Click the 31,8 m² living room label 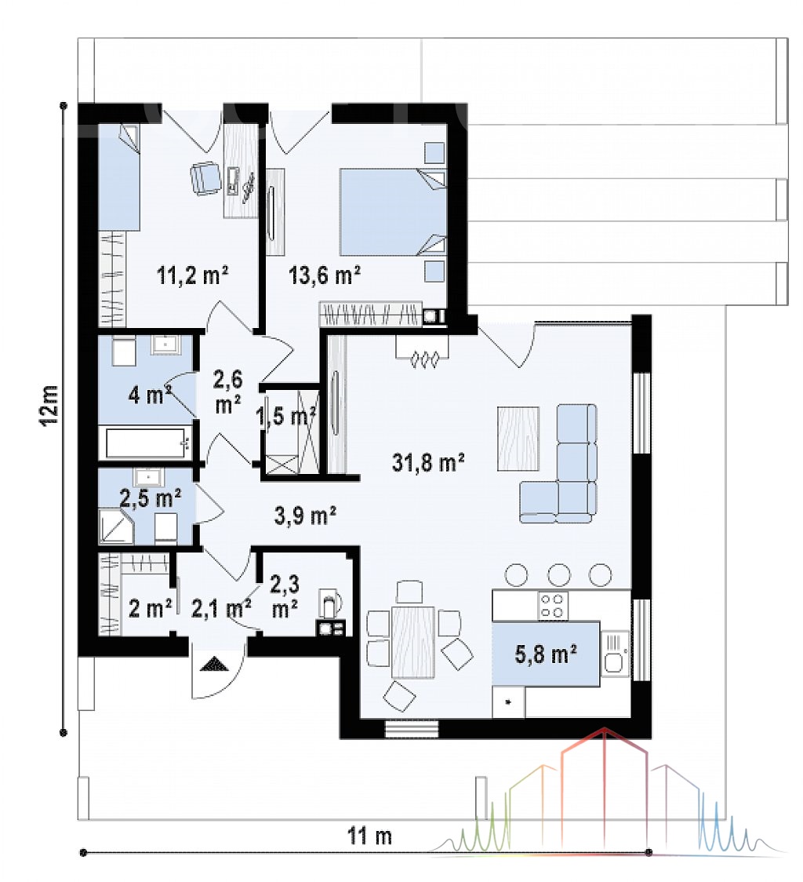(428, 462)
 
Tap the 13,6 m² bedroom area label (325, 275)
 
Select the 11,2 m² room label (192, 275)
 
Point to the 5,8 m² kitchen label (546, 654)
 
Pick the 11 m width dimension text (369, 836)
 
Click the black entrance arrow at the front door (216, 664)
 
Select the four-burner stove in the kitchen (553, 605)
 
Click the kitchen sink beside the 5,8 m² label (615, 654)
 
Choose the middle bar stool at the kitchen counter (558, 575)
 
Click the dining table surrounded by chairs (412, 642)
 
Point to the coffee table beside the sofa (518, 439)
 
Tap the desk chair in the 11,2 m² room (205, 178)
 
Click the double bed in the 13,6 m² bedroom (393, 213)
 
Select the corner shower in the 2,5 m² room (116, 527)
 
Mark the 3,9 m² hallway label (305, 515)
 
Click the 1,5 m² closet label (285, 417)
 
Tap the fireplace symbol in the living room (423, 352)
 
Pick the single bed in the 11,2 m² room (119, 177)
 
